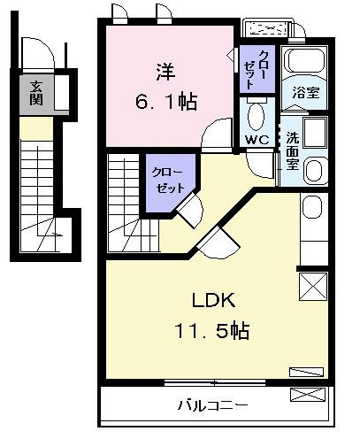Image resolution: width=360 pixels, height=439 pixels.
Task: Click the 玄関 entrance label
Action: [36, 93]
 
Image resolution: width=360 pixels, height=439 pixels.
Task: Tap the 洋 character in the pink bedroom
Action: [166, 72]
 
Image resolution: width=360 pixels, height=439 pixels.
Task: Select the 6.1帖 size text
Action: [166, 102]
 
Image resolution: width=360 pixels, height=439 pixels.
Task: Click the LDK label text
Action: [214, 300]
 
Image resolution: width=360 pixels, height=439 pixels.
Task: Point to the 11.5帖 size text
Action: [212, 330]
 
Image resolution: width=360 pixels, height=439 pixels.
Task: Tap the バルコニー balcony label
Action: [212, 405]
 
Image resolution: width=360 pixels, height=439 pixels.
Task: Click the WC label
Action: [257, 140]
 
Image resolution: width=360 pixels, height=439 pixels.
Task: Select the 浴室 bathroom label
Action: [306, 93]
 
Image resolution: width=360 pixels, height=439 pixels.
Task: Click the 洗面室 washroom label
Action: [292, 150]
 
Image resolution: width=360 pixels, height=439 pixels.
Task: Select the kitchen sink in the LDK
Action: [312, 207]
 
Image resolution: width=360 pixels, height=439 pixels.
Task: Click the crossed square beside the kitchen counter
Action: [313, 287]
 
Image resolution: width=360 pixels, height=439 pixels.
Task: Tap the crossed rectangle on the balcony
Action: [308, 395]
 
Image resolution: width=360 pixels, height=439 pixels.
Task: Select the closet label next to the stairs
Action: [168, 181]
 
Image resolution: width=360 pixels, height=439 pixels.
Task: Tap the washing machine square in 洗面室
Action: [315, 133]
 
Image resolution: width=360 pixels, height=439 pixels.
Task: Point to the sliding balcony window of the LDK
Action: [215, 383]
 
